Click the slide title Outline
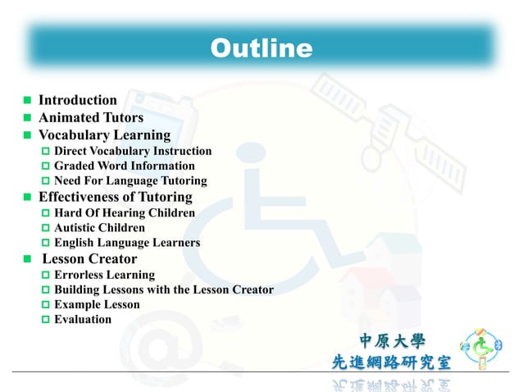tap(261, 49)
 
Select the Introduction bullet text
tap(78, 100)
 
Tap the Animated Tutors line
tap(91, 117)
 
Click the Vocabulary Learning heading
tap(104, 134)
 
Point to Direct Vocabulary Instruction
tap(133, 151)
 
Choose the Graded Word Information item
tap(124, 166)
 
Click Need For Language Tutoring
tap(130, 180)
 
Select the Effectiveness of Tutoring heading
tap(116, 197)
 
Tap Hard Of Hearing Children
tap(125, 213)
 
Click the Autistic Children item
tap(99, 228)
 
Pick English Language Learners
tap(127, 243)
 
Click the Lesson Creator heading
tap(89, 259)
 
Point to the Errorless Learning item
tap(104, 275)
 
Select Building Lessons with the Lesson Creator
tap(164, 289)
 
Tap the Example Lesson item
tap(97, 304)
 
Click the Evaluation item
tap(83, 319)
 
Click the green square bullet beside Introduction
tap(27, 101)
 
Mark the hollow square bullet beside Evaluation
tap(46, 320)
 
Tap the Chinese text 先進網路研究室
tap(391, 362)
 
